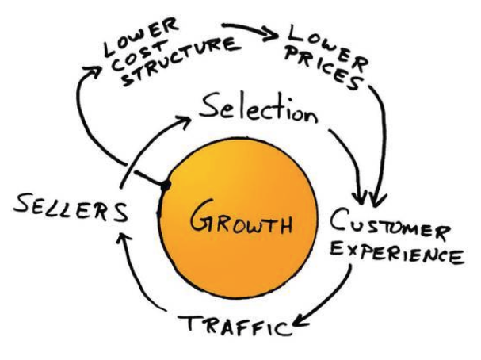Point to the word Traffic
[x=235, y=325]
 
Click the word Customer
[x=390, y=224]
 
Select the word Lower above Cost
[x=140, y=36]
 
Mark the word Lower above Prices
[x=329, y=46]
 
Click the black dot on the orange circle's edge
[x=166, y=186]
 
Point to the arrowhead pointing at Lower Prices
[x=270, y=35]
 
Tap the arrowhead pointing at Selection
[x=183, y=121]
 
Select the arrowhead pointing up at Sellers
[x=124, y=239]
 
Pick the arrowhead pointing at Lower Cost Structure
[x=92, y=71]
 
